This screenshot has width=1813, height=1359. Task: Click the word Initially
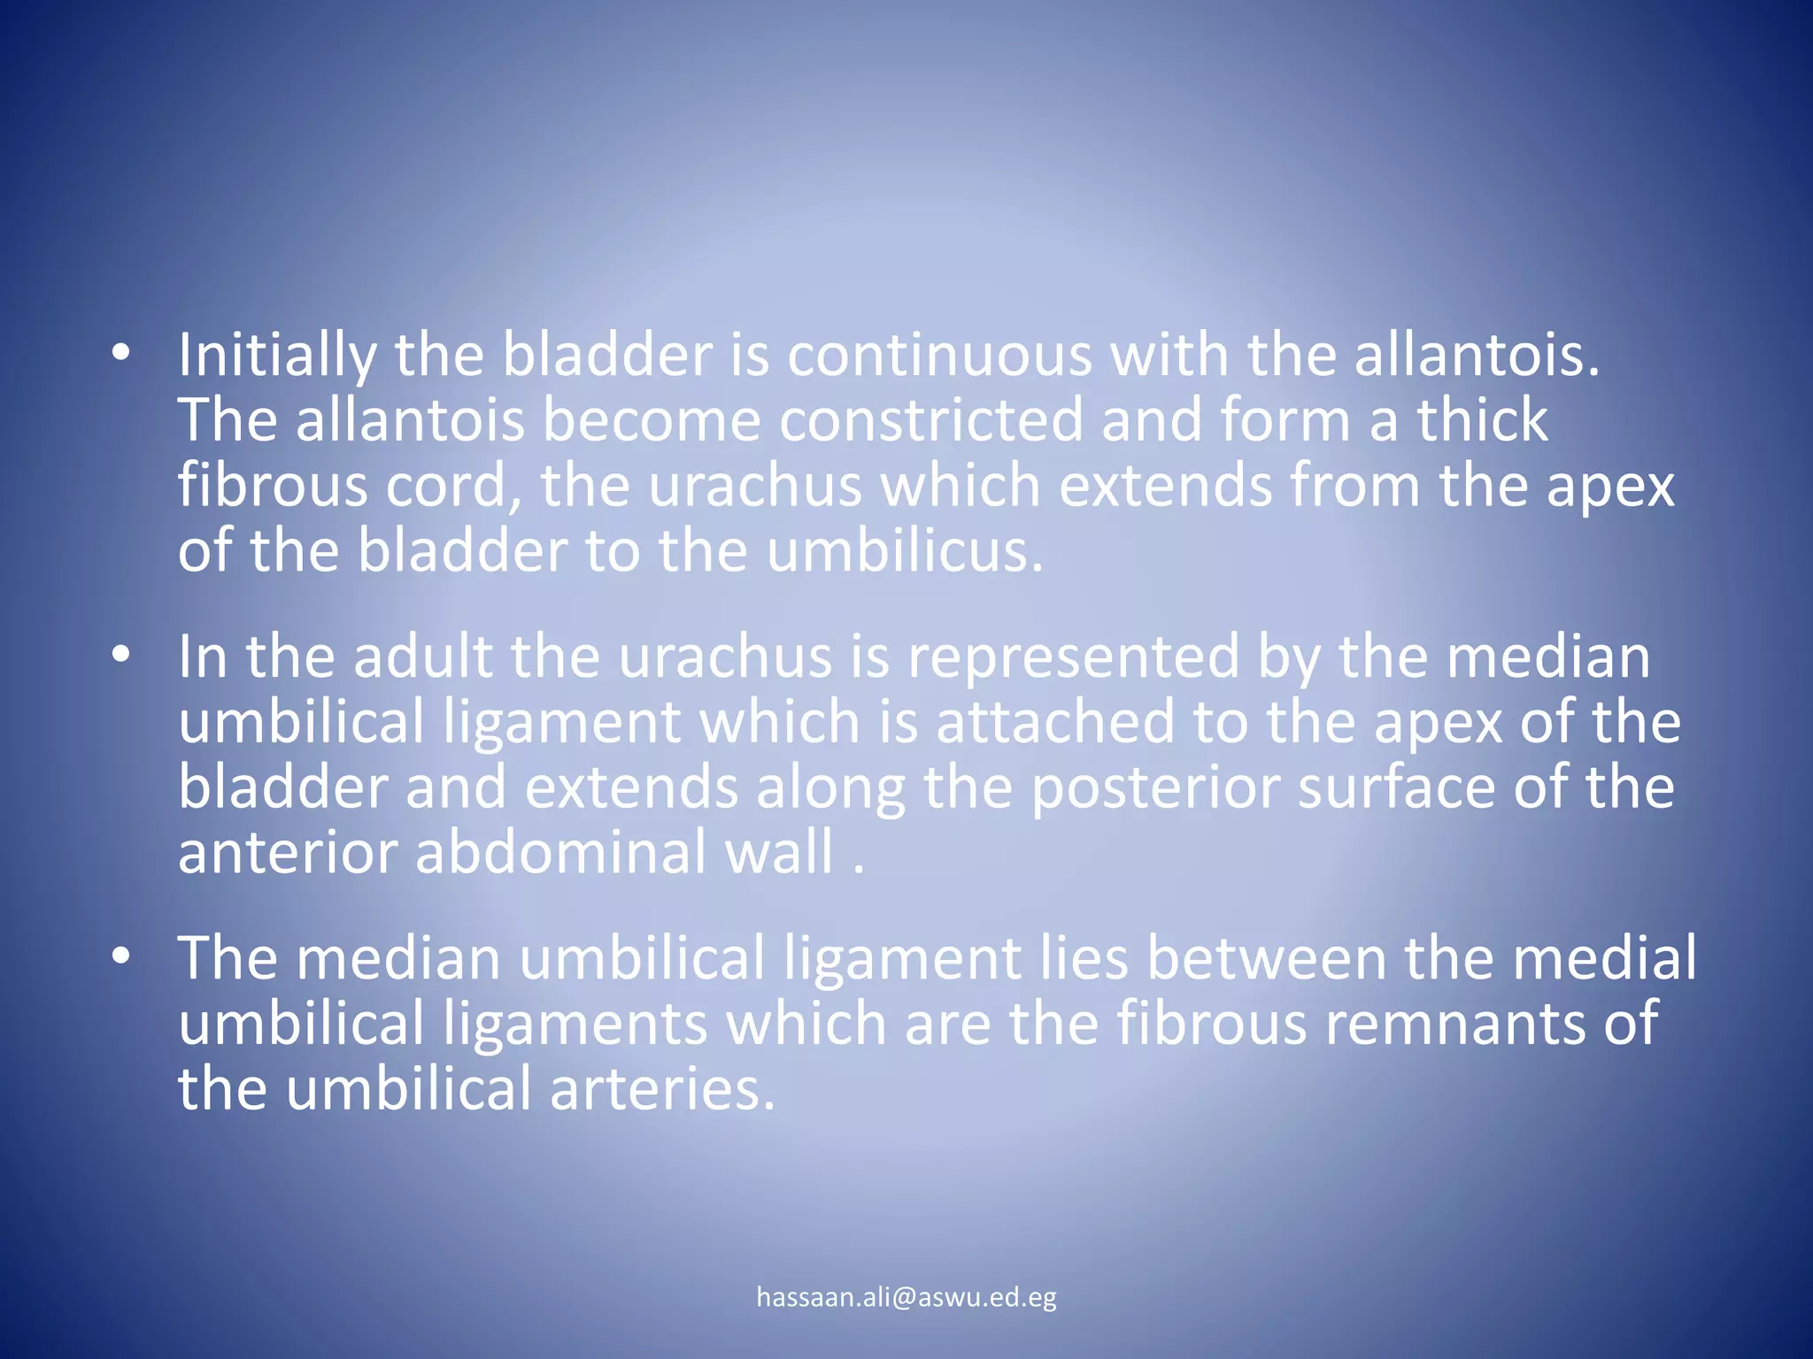(277, 356)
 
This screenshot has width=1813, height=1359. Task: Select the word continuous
(939, 356)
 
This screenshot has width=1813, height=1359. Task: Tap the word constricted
(930, 420)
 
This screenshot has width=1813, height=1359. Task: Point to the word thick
(1482, 420)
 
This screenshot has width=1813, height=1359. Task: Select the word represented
(1073, 657)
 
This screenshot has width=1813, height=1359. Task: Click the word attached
(1055, 722)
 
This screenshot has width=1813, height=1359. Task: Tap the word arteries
(662, 1089)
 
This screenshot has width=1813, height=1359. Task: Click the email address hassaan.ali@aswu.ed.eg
(906, 1298)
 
